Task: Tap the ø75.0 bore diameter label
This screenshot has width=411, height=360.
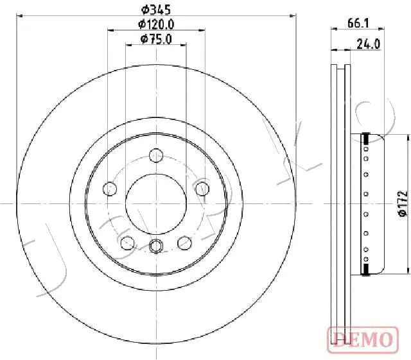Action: [x=157, y=40]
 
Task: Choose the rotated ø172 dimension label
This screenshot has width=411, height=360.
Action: [x=403, y=203]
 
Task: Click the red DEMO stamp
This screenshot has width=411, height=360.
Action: [x=361, y=338]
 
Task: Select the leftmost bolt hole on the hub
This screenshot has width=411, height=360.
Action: [x=110, y=189]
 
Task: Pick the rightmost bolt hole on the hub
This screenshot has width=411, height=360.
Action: [x=202, y=189]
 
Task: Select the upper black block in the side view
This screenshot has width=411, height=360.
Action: [x=365, y=137]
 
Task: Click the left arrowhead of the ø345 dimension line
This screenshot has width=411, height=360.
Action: [x=19, y=15]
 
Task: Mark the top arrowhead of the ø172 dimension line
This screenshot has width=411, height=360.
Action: [x=408, y=137]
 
